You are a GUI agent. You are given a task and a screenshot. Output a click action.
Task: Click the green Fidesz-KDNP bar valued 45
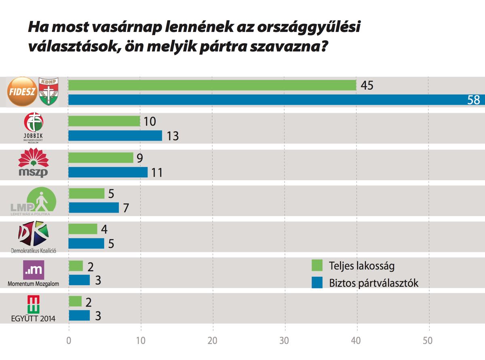(x=212, y=85)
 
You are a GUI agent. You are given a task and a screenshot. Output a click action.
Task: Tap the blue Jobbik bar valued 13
(x=115, y=136)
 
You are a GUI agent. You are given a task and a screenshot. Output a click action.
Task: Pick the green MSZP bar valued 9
(x=101, y=158)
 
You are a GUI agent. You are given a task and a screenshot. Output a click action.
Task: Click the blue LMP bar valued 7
(x=94, y=208)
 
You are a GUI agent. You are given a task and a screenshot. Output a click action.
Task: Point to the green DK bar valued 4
(x=83, y=229)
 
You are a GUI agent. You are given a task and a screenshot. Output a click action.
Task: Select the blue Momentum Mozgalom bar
(x=79, y=280)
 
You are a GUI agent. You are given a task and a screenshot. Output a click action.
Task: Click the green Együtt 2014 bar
(x=75, y=301)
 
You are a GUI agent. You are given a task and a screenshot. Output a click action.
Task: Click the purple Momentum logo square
(x=34, y=270)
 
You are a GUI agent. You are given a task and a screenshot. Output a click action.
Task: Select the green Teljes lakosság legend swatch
(x=317, y=266)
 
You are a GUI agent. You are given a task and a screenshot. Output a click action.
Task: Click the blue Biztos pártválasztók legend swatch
(x=317, y=283)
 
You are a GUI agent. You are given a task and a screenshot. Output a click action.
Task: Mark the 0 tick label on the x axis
(x=69, y=341)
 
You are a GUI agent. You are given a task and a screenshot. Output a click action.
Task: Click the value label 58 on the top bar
(x=473, y=100)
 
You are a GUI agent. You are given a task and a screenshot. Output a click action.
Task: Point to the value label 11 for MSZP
(x=156, y=173)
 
